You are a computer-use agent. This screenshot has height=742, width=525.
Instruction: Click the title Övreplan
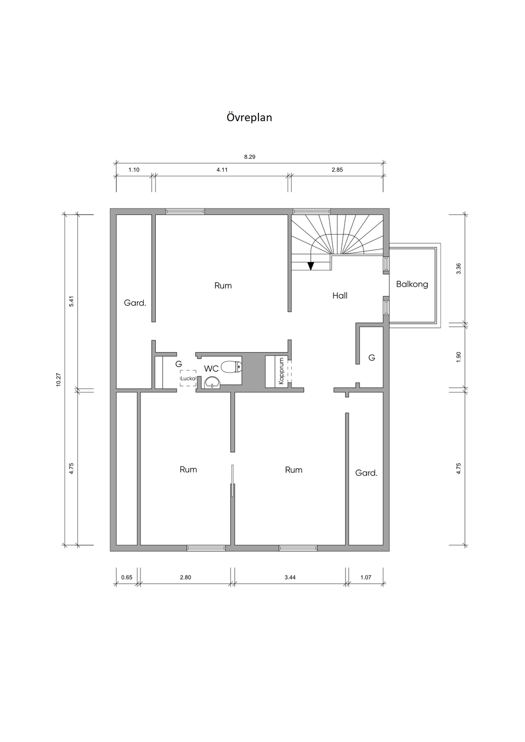[249, 117]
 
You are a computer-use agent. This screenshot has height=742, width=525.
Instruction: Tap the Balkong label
[412, 284]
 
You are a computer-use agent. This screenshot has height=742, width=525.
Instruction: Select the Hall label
[340, 296]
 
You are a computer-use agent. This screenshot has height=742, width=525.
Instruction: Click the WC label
[211, 368]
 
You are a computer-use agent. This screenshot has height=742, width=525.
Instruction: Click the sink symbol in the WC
[212, 383]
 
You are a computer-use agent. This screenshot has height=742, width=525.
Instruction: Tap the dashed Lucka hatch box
[188, 378]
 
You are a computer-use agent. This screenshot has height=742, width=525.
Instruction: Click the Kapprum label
[281, 370]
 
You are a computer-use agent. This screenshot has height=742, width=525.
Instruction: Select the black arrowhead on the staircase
[311, 265]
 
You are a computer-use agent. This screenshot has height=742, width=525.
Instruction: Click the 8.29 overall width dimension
[250, 157]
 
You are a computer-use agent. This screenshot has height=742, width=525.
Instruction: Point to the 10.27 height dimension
[58, 380]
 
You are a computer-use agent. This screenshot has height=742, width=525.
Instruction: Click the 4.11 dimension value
[222, 170]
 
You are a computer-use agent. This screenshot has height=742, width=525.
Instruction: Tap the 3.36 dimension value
[459, 269]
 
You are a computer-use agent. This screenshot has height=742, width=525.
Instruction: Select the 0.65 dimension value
[127, 578]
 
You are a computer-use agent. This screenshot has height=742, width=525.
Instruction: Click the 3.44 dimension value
[290, 578]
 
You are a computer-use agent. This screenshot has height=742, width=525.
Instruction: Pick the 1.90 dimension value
[459, 357]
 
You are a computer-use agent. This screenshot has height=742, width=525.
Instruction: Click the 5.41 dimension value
[71, 301]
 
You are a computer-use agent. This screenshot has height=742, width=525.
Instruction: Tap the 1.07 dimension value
[366, 578]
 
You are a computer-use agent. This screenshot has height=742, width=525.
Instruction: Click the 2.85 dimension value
[337, 170]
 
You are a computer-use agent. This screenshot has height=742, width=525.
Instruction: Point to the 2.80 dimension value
[186, 578]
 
